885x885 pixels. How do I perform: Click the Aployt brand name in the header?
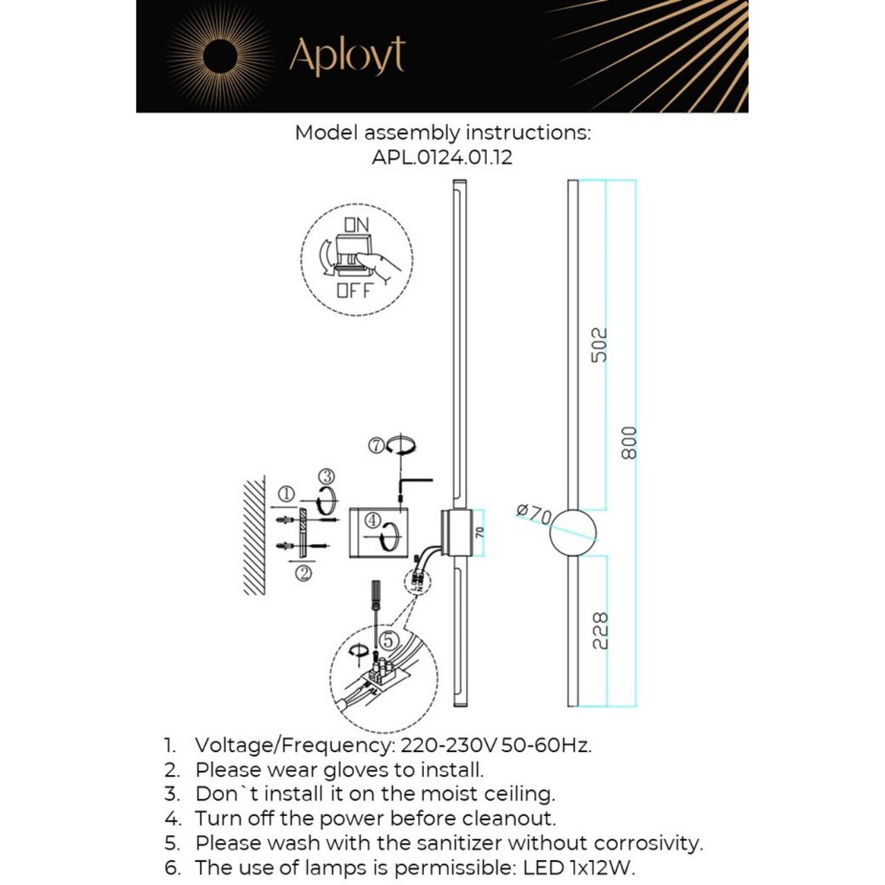[x=346, y=56]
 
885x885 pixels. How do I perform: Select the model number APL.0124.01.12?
[x=442, y=157]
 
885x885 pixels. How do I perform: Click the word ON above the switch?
[x=357, y=224]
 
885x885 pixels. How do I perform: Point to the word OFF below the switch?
[x=354, y=290]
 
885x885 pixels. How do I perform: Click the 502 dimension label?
[x=599, y=344]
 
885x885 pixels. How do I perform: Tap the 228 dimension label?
[x=600, y=630]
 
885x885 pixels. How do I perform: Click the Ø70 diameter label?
[x=534, y=514]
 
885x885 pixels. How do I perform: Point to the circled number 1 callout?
[x=286, y=494]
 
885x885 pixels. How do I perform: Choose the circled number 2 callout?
[x=303, y=572]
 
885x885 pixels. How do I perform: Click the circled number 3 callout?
[x=327, y=476]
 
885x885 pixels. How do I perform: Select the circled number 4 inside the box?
[x=372, y=519]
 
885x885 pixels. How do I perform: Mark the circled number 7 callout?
[x=376, y=446]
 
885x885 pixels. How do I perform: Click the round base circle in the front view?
[x=572, y=533]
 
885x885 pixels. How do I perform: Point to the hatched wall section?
[x=254, y=536]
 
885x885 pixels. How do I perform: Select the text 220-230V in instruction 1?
[x=449, y=745]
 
